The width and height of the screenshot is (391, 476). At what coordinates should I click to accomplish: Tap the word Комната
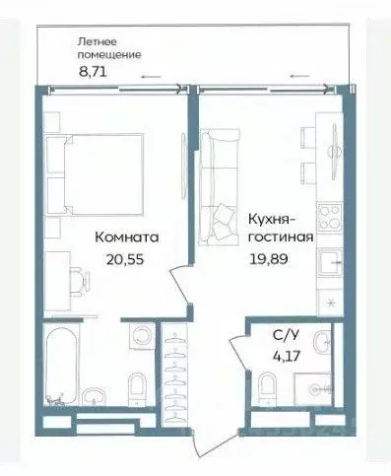point(127,238)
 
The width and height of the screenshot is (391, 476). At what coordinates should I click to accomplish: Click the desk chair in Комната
point(77,273)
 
